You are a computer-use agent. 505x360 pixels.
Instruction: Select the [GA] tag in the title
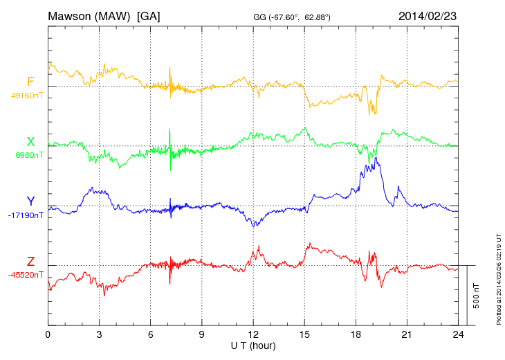[x=149, y=15]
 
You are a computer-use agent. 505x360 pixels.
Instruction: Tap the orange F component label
[x=30, y=82]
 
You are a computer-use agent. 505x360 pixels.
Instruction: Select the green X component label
[x=30, y=142]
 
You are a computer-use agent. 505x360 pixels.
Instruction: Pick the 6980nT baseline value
[x=28, y=155]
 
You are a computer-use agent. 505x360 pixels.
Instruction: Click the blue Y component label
[x=30, y=201]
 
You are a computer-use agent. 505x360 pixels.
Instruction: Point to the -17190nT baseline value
[x=26, y=215]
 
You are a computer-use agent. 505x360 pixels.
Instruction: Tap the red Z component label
[x=30, y=262]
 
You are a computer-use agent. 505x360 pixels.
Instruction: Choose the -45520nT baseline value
[x=26, y=275]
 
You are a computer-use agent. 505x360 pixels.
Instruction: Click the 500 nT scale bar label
[x=477, y=296]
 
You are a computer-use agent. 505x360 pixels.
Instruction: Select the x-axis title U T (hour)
[x=253, y=345]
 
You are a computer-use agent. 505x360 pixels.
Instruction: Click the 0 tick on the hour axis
[x=48, y=334]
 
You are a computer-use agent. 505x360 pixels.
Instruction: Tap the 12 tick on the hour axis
[x=253, y=334]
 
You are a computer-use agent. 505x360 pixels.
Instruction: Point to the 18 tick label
[x=356, y=334]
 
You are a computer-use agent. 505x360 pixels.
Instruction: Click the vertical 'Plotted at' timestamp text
[x=499, y=277]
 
